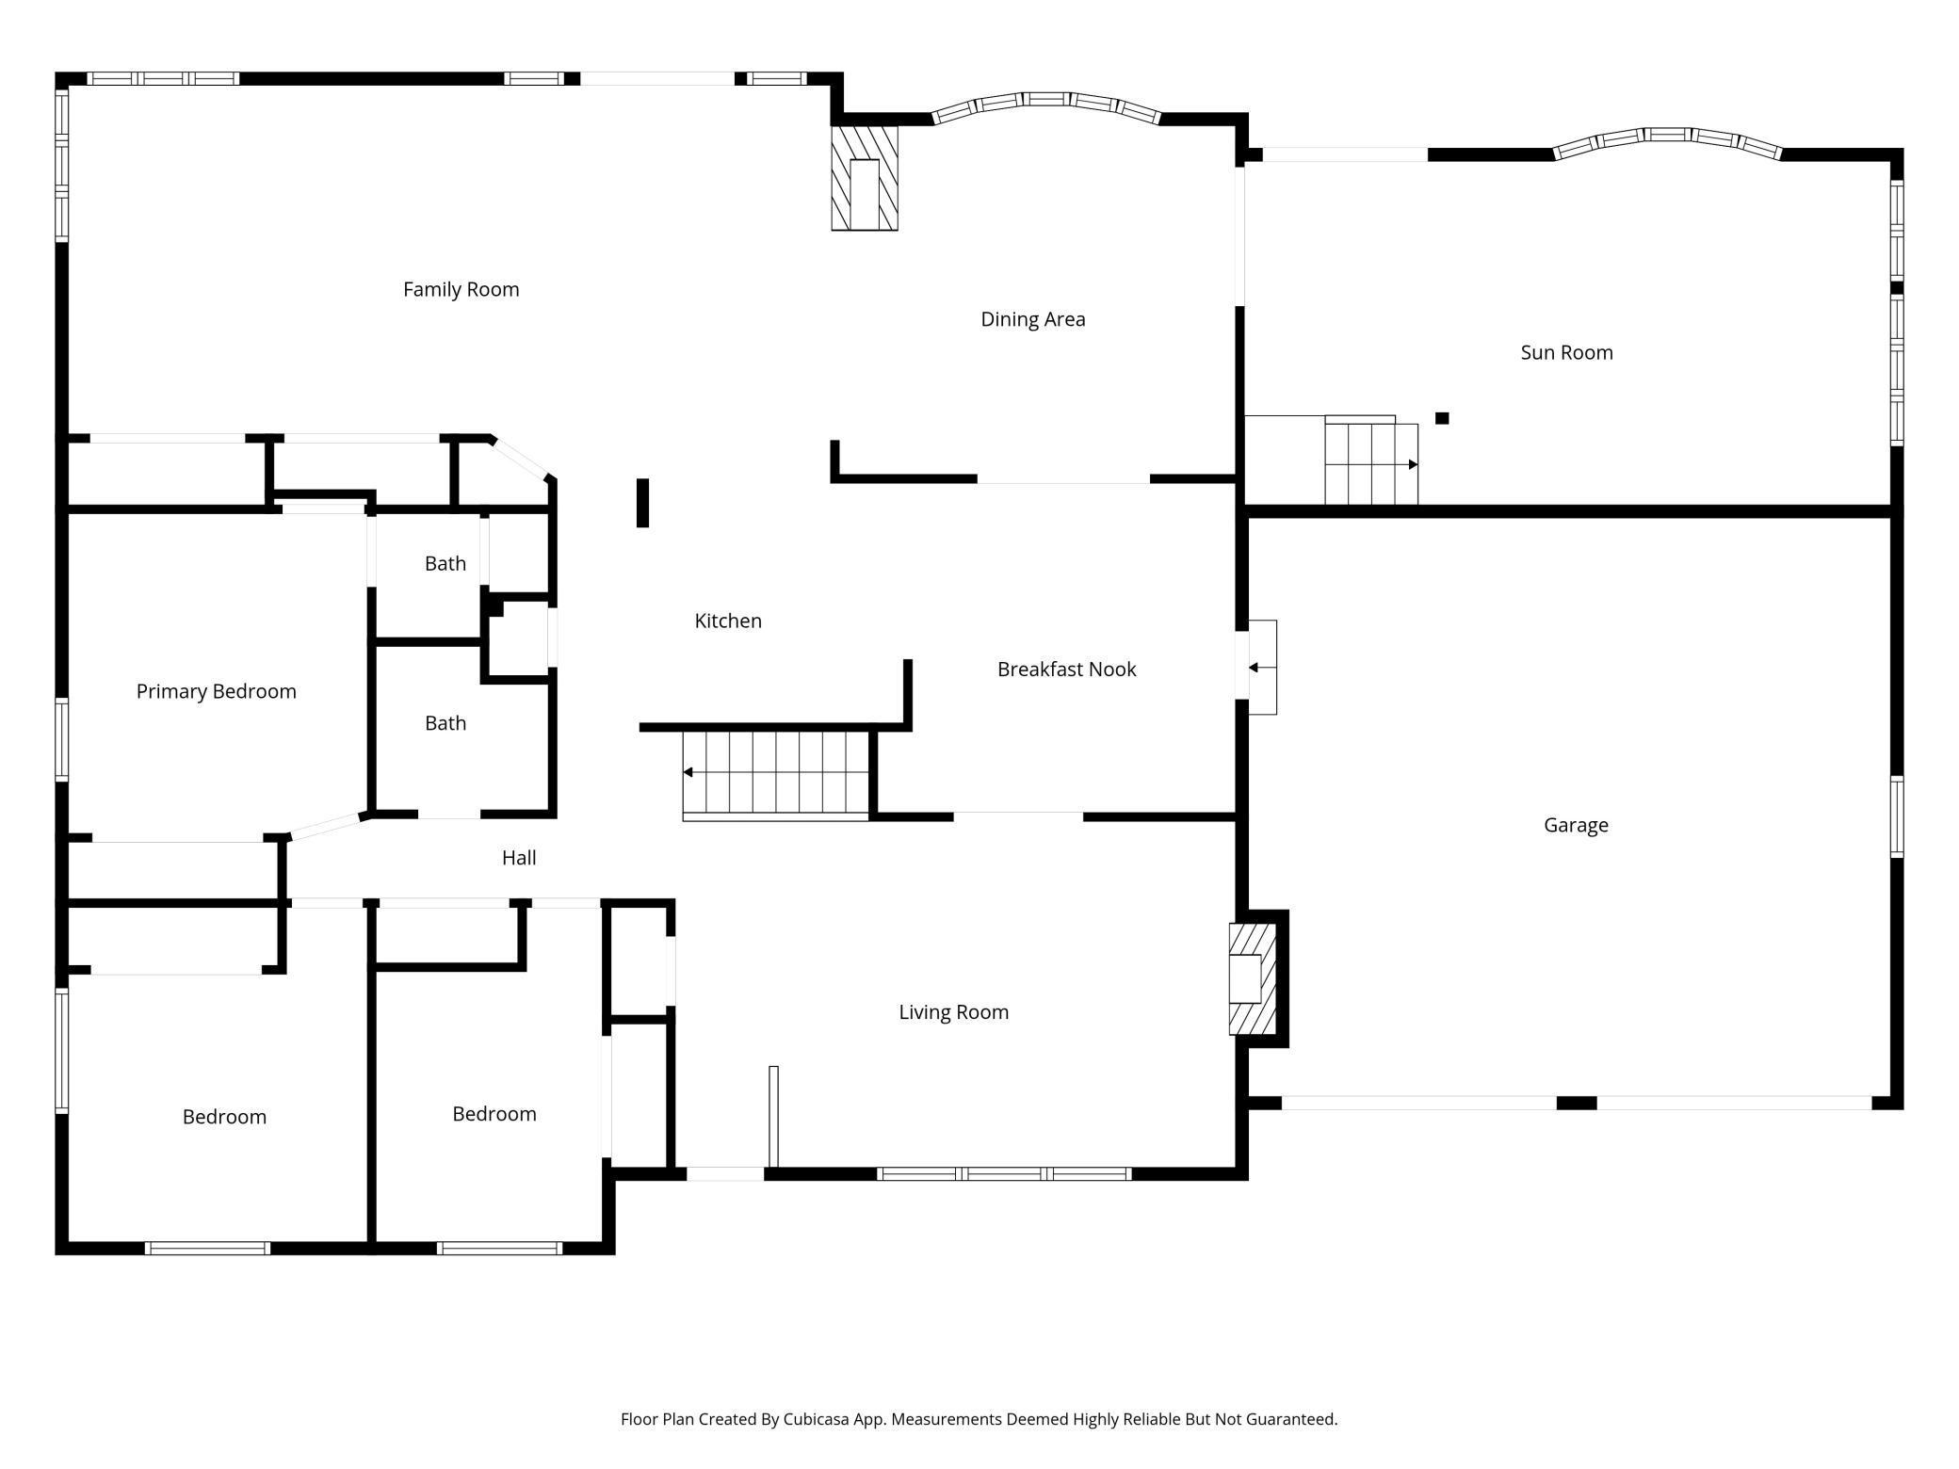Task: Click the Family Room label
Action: (x=461, y=289)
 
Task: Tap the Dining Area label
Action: (x=1033, y=319)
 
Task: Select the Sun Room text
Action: (x=1566, y=352)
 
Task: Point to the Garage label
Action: (x=1576, y=825)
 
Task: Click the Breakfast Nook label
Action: (x=1066, y=670)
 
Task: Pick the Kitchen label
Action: (x=728, y=621)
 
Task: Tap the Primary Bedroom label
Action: (x=217, y=692)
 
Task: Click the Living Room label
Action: (x=953, y=1012)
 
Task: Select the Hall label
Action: (x=519, y=858)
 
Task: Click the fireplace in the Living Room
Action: (x=1253, y=979)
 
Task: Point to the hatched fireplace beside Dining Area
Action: (x=865, y=178)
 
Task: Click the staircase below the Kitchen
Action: (x=775, y=775)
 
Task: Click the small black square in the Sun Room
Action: (x=1442, y=418)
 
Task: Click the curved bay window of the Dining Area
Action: (x=1046, y=105)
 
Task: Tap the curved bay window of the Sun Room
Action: (x=1667, y=139)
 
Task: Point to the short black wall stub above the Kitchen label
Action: (x=643, y=503)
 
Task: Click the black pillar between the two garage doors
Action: (x=1577, y=1103)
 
